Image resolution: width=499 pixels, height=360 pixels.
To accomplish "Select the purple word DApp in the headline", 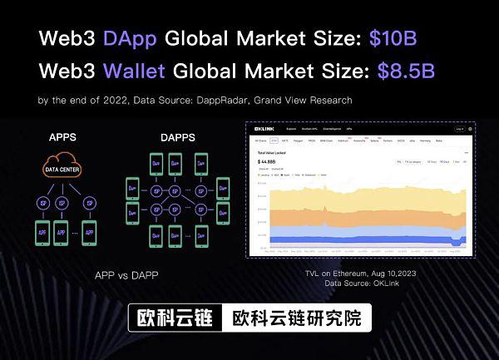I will pos(134,38).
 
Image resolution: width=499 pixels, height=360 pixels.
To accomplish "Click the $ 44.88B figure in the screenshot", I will pos(269,161).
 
